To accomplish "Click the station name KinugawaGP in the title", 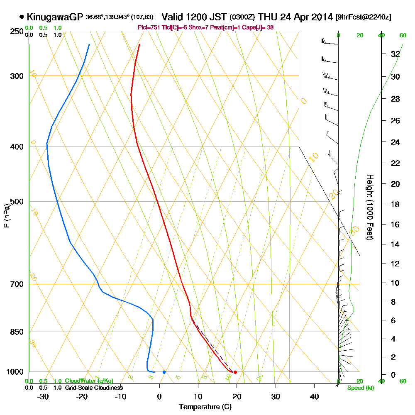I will pyautogui.click(x=55, y=17).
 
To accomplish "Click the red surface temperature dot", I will pyautogui.click(x=235, y=372).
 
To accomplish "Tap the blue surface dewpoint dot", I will pyautogui.click(x=164, y=372).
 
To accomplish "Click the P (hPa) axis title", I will pyautogui.click(x=6, y=215).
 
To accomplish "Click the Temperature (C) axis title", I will pyautogui.click(x=205, y=407).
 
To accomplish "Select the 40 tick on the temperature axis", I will pyautogui.click(x=314, y=396).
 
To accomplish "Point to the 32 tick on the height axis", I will pyautogui.click(x=395, y=54).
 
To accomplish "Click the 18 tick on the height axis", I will pyautogui.click(x=395, y=204).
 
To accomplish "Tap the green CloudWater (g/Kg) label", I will pyautogui.click(x=89, y=381).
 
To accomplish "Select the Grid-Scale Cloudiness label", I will pyautogui.click(x=94, y=388).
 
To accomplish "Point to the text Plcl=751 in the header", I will pyautogui.click(x=148, y=27).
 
